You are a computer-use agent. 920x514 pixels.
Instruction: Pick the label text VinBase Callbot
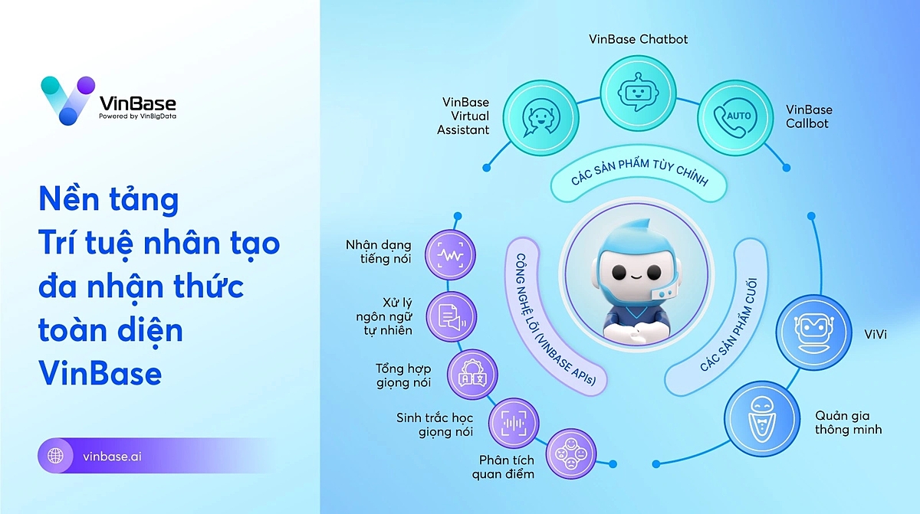click(809, 116)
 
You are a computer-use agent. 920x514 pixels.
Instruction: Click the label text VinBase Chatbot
click(638, 38)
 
